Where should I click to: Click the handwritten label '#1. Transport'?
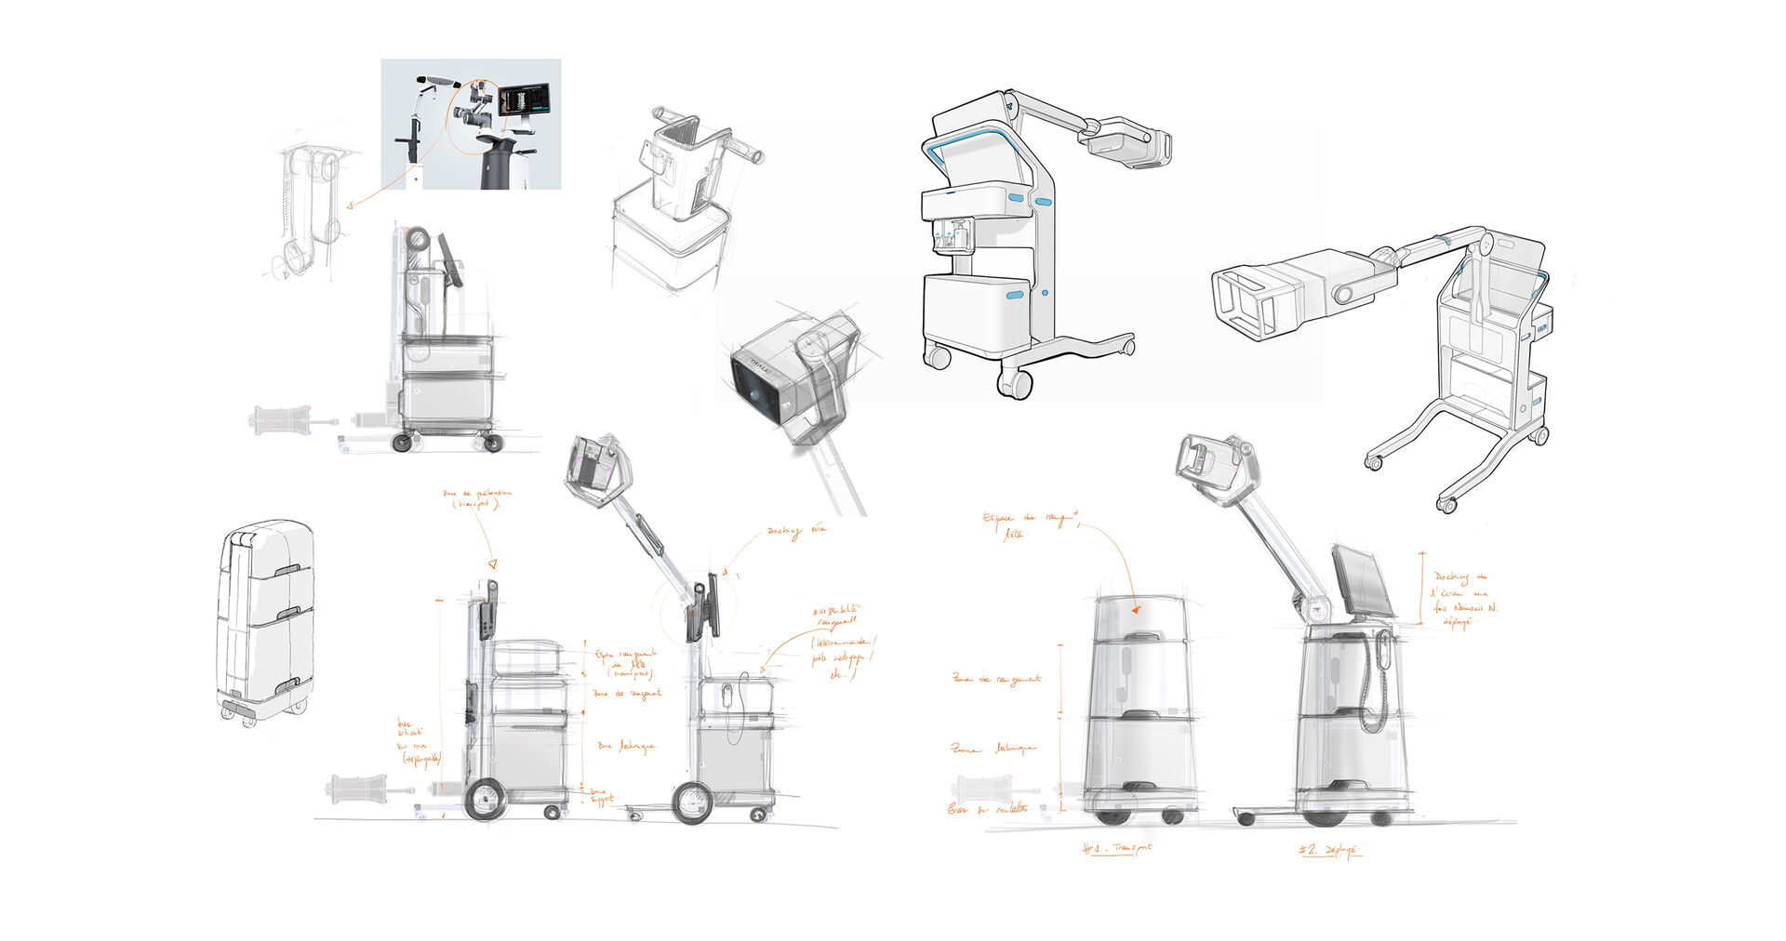tap(1117, 848)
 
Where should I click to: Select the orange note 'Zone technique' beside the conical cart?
tap(993, 748)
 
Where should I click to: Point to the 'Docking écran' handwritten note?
tap(795, 532)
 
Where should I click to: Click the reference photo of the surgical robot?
tap(471, 124)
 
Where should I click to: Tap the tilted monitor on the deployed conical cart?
tap(1359, 581)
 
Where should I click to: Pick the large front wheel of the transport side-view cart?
tap(485, 801)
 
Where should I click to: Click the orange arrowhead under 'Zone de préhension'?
tap(493, 563)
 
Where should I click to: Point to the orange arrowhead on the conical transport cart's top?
tap(1135, 610)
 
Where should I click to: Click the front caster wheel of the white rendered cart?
tap(1014, 381)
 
